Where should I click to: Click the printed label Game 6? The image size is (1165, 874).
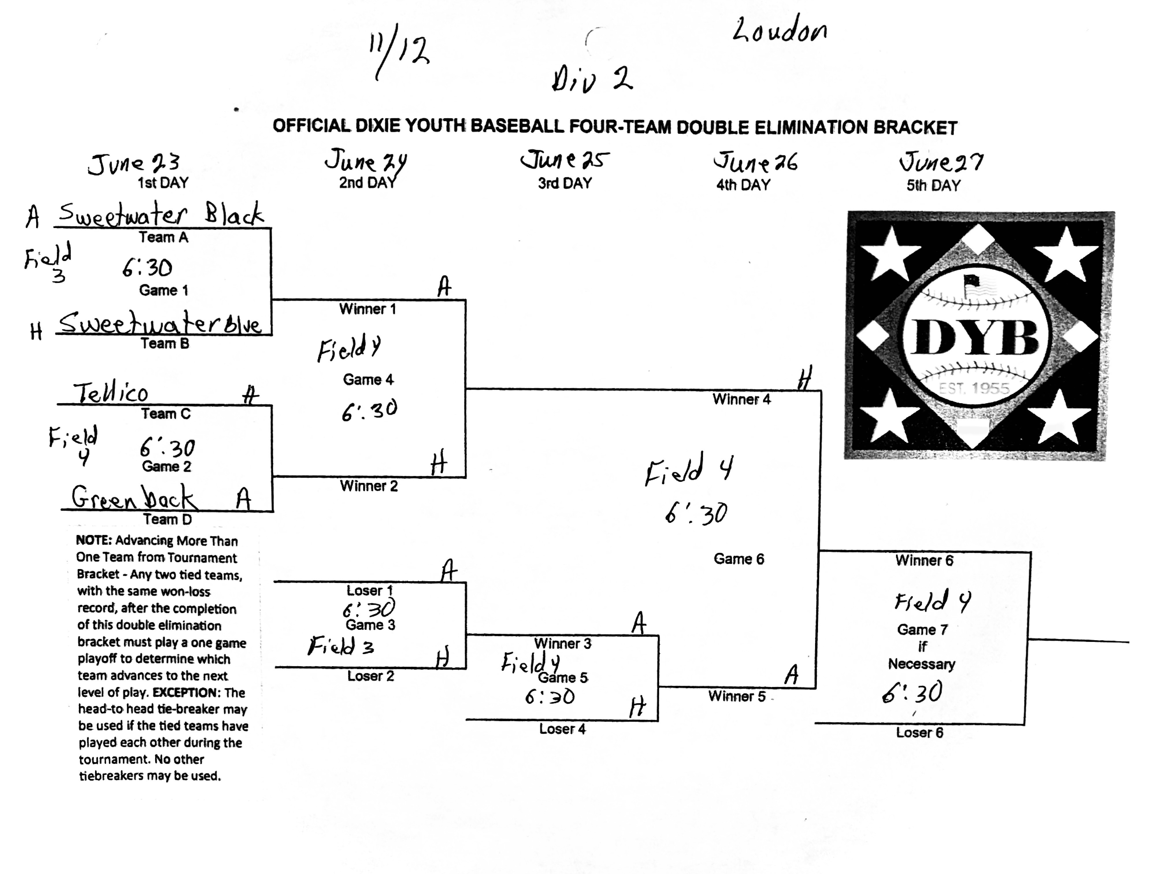pos(739,559)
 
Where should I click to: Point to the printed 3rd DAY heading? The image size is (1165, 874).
pos(565,183)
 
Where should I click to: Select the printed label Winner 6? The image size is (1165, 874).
pos(924,560)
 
